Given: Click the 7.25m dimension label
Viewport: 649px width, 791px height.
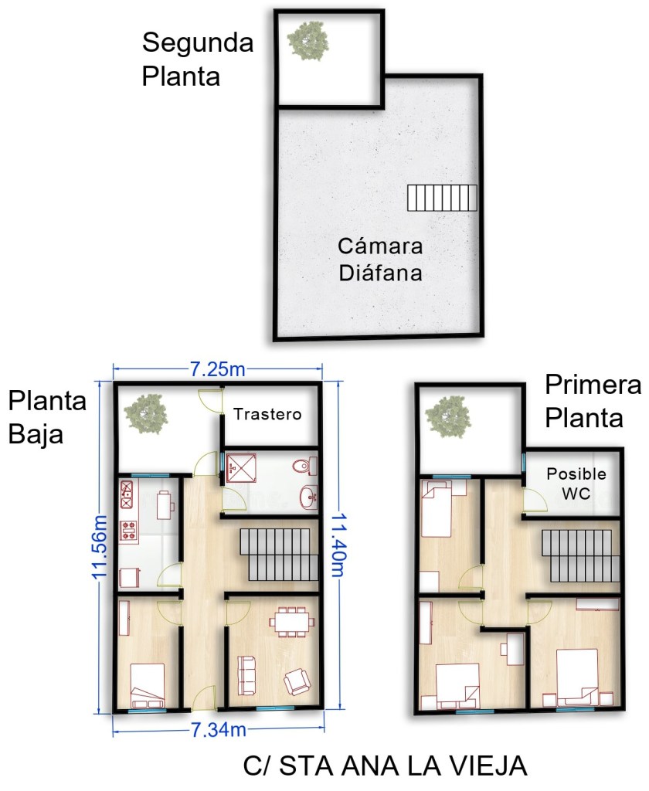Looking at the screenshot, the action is coord(218,370).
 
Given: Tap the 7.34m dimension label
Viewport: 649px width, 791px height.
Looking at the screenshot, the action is coord(219,729).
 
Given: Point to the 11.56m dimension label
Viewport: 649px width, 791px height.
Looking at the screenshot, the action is coord(100,547).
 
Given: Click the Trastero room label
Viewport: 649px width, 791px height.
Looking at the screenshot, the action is coord(267,414).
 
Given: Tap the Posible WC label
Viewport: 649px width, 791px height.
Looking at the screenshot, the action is coord(576,484).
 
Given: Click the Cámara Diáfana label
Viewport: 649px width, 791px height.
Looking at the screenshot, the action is coord(381,260).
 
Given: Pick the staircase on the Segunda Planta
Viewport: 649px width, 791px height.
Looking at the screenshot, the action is coord(442,198).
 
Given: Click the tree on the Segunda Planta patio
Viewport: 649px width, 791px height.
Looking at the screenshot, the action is coord(308,40).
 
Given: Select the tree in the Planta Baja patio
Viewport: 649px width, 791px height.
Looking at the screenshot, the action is coord(146,414).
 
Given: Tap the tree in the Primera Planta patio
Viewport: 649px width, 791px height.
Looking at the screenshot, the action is coord(447,416).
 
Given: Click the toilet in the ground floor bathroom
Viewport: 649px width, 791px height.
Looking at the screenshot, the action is coord(305,466).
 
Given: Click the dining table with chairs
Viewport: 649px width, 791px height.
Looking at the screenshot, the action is coord(292,623).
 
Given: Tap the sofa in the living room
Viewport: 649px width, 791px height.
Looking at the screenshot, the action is coord(246,676).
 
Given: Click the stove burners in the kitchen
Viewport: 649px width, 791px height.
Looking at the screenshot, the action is coord(129,531).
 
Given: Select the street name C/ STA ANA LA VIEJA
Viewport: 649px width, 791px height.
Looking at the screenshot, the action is coord(385,766).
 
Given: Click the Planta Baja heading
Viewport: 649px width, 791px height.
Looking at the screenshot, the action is coord(47,418).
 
